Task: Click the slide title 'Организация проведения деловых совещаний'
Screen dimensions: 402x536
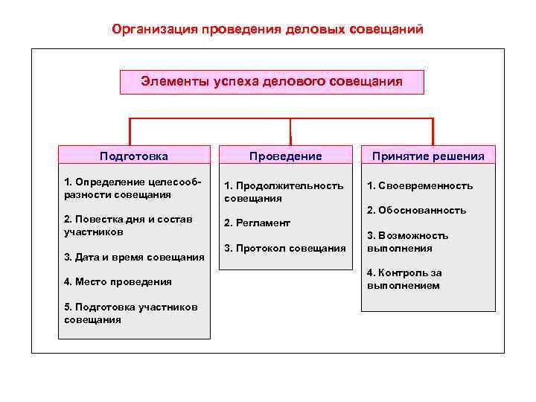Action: (267, 30)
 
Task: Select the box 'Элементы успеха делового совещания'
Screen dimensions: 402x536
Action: (272, 82)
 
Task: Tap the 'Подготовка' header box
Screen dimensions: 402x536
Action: (134, 156)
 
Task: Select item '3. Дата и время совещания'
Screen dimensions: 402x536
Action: (134, 258)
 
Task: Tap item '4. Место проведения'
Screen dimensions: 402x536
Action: (118, 282)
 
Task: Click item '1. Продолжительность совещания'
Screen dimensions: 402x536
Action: (284, 192)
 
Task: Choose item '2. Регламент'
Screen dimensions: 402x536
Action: (258, 223)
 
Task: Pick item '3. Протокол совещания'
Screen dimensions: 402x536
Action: (285, 248)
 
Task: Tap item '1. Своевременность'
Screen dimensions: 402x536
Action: (420, 186)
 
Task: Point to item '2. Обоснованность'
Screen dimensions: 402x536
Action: (417, 211)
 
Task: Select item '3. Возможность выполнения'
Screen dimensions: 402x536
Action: (408, 242)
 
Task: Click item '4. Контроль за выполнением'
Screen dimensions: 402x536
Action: (404, 279)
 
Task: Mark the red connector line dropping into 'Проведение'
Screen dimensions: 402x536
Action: (290, 131)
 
